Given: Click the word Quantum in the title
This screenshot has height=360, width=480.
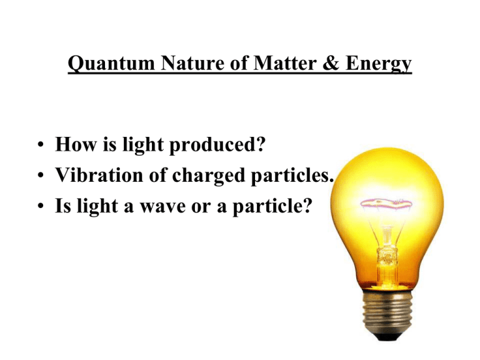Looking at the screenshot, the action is click(x=111, y=64).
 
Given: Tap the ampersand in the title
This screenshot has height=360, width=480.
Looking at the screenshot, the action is click(x=331, y=63).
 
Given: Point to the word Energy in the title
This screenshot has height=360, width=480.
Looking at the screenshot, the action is click(x=378, y=64).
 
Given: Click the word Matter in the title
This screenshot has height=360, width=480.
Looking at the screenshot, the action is click(x=285, y=63).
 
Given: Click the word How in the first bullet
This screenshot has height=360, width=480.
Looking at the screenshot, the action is click(x=75, y=144).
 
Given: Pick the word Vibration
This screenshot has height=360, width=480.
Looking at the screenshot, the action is click(x=99, y=175).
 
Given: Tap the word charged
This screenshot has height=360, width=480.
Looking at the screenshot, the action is click(x=208, y=176).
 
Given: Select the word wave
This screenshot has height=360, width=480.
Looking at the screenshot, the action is click(x=163, y=207).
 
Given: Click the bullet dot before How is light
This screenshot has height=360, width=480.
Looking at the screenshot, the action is click(x=41, y=144).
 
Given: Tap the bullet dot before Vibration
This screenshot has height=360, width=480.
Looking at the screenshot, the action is click(x=41, y=175).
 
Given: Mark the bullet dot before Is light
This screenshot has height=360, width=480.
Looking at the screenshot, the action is click(x=41, y=206).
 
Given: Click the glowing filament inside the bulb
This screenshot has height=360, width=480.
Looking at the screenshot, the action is click(x=386, y=202).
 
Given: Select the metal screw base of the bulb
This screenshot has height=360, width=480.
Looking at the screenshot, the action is click(x=387, y=312).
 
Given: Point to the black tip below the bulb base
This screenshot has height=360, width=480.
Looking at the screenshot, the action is click(x=387, y=337).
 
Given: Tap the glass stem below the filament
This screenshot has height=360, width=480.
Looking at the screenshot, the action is click(x=387, y=251).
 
